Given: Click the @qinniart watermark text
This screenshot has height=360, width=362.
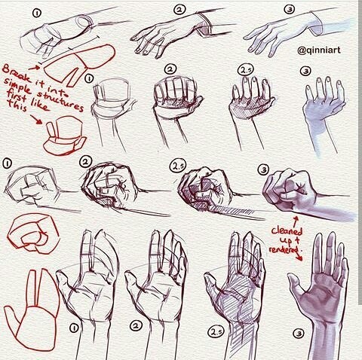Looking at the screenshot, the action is [x=319, y=50].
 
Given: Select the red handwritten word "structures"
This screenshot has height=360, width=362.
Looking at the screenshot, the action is [x=60, y=100].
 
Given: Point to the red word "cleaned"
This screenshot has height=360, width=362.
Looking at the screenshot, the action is [x=287, y=230].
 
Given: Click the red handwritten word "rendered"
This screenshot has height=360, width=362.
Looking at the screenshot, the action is [x=284, y=249].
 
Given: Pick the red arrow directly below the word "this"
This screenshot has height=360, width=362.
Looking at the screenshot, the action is [x=35, y=119].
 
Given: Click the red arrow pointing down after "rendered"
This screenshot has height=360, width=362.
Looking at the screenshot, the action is [x=299, y=257].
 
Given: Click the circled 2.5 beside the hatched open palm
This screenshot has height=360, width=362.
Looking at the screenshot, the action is [x=216, y=332].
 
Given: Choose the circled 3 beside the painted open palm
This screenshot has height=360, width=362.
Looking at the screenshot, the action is [x=299, y=334].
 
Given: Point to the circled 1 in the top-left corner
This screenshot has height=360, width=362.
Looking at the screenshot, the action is [x=37, y=14].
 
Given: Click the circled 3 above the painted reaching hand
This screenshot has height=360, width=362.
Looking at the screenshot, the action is [x=290, y=10].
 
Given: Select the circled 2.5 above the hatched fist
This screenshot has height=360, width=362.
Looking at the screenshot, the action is [x=177, y=166].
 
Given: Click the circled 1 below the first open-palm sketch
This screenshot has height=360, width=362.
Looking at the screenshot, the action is [x=74, y=328].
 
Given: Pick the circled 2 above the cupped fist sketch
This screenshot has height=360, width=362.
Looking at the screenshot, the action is [x=170, y=69].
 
